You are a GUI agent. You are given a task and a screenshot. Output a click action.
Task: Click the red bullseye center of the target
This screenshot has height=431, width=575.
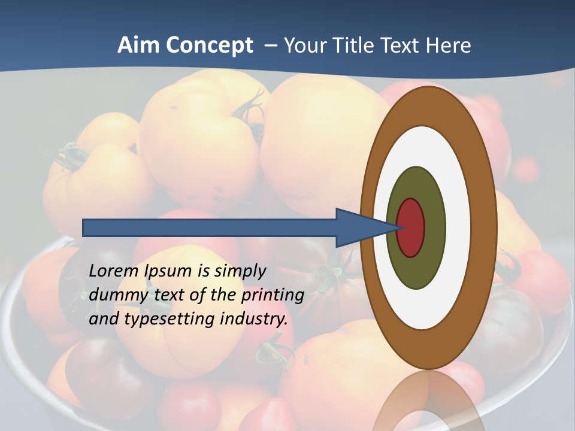click(x=411, y=227)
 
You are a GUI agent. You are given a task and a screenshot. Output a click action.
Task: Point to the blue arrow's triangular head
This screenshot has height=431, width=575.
click(x=359, y=227)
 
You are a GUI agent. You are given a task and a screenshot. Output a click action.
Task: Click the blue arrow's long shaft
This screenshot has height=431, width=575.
click(x=210, y=227)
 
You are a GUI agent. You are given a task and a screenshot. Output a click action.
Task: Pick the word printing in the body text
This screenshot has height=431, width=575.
click(x=273, y=296)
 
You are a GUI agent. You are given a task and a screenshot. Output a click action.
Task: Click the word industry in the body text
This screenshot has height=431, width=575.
click(x=252, y=319)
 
